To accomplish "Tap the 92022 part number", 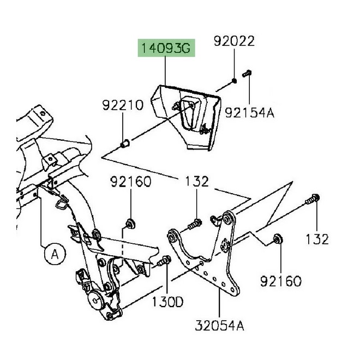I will pos(233,41).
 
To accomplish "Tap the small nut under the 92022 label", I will pos(234,81).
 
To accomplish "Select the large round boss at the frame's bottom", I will pos(97,298).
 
